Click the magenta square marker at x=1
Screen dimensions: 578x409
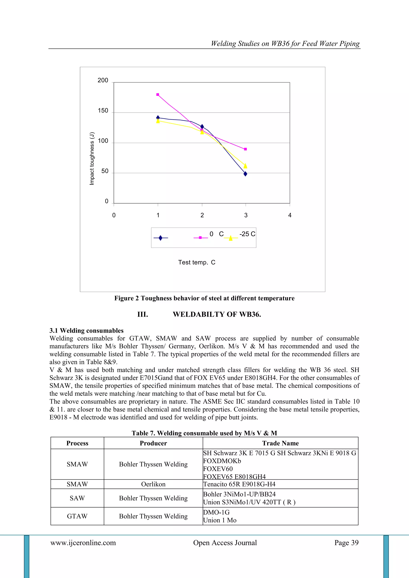coord(158,95)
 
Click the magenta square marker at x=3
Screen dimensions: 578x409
coord(246,149)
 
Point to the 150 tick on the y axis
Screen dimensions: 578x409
coord(103,111)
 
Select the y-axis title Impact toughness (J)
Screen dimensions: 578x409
coord(92,158)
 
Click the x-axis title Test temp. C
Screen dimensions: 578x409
coord(197,262)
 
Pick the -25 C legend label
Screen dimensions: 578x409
coord(247,234)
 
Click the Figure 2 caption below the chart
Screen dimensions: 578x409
coord(204,298)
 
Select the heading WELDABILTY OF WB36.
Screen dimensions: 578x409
coord(217,314)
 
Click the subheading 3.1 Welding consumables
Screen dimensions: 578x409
coord(86,331)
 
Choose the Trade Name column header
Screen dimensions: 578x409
coord(280,443)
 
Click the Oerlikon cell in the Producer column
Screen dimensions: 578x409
coord(153,484)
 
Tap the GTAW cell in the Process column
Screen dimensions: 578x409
coord(77,516)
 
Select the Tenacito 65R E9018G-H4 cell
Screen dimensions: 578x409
coord(239,484)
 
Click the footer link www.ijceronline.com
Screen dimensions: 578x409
coord(83,543)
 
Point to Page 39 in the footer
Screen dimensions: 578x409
coord(346,543)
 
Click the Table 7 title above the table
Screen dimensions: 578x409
coord(204,433)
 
